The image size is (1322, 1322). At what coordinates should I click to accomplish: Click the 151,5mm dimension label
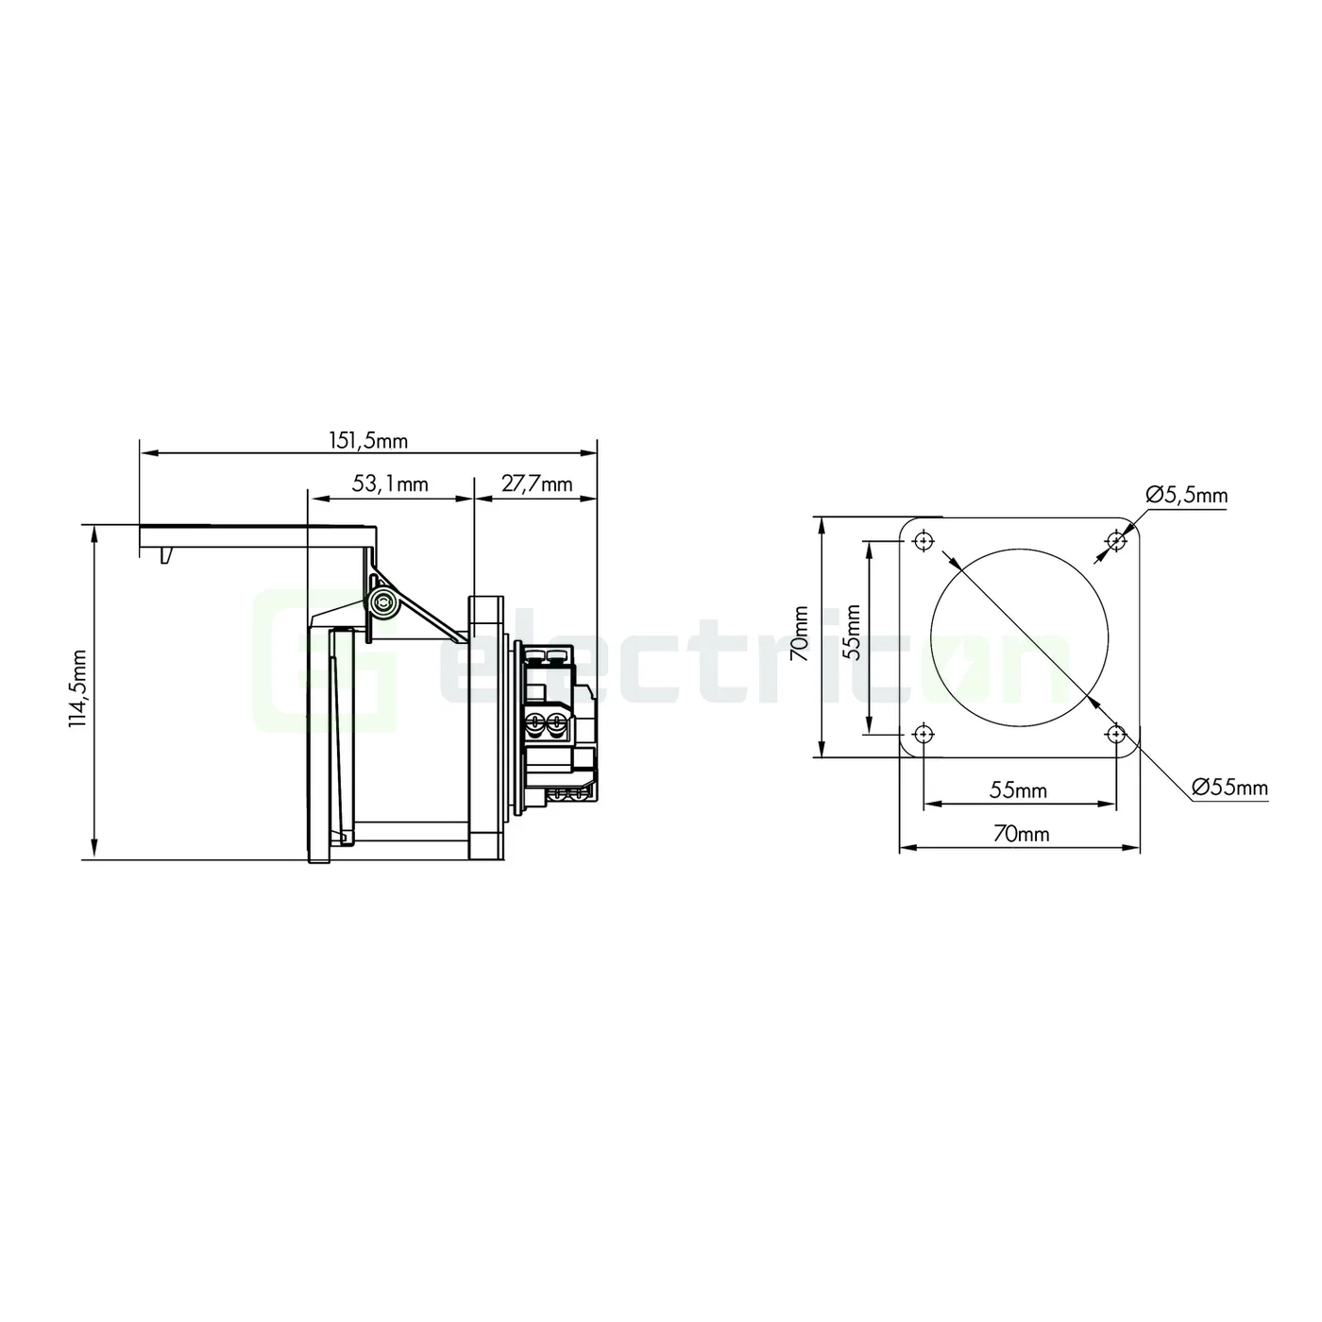(367, 440)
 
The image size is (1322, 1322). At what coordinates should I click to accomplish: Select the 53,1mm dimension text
(390, 484)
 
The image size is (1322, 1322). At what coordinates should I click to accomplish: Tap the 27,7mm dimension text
(536, 484)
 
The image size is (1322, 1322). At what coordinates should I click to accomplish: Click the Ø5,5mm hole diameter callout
(1186, 495)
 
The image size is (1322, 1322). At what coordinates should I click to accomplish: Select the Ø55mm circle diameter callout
(1229, 787)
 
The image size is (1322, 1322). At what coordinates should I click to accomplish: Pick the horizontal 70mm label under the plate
(1020, 835)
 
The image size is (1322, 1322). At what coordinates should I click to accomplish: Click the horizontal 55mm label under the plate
(1018, 790)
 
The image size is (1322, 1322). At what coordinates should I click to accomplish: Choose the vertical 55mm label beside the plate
(852, 633)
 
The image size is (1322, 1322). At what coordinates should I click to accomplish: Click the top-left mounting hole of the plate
(923, 540)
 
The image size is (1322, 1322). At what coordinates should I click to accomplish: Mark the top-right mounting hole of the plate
(1116, 540)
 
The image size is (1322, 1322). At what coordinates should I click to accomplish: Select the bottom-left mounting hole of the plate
(923, 734)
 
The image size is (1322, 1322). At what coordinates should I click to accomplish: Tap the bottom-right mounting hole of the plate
(1116, 734)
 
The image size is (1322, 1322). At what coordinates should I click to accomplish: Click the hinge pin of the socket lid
(382, 605)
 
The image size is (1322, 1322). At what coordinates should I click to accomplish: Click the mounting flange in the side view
(487, 727)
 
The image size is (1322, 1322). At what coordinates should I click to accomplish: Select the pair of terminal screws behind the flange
(546, 725)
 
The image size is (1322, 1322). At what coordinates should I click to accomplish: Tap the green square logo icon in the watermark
(326, 661)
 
